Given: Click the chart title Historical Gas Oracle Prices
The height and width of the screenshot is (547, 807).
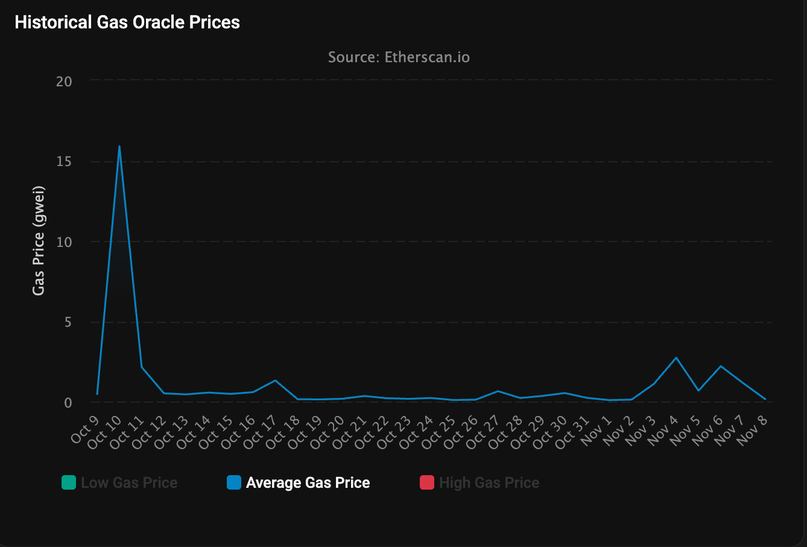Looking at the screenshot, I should click(x=127, y=22).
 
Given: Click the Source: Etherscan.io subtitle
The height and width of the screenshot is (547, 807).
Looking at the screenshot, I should click(x=399, y=57).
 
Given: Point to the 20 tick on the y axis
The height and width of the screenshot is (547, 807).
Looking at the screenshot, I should click(x=64, y=82).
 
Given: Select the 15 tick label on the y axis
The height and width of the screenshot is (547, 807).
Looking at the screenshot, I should click(x=64, y=161).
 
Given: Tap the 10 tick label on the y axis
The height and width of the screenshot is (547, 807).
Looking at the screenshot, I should click(x=64, y=242).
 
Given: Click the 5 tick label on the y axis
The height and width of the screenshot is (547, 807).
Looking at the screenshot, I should click(x=68, y=322).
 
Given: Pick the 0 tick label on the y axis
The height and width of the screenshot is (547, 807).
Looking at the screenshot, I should click(x=68, y=403).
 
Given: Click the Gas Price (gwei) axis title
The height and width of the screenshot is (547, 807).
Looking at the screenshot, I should click(x=39, y=240).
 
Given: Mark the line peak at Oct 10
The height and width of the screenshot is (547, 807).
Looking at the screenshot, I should click(x=119, y=146).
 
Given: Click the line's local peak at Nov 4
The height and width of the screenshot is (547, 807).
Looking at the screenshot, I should click(x=677, y=357).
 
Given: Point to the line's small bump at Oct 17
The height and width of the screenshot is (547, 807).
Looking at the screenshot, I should click(x=275, y=380).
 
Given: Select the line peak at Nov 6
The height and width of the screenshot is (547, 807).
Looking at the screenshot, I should click(x=721, y=366).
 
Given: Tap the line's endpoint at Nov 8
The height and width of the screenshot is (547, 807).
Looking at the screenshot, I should click(x=765, y=399).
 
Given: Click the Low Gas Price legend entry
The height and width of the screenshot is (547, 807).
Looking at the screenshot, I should click(x=129, y=483).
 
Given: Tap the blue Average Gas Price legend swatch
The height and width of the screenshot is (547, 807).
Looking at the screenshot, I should click(x=234, y=482).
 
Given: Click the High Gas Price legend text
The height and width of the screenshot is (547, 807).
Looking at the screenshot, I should click(x=489, y=483).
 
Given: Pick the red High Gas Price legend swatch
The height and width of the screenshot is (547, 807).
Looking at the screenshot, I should click(x=427, y=482).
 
